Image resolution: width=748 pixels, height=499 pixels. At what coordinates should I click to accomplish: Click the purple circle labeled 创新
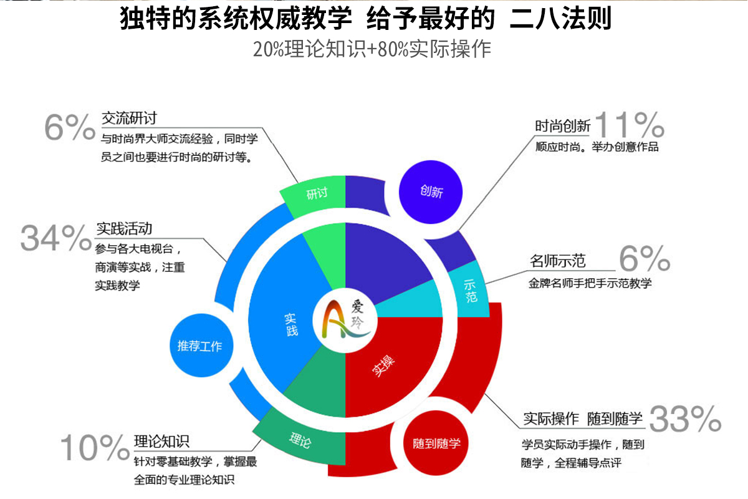pyautogui.click(x=431, y=192)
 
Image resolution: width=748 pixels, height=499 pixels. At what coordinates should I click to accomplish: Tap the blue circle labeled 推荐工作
pyautogui.click(x=201, y=346)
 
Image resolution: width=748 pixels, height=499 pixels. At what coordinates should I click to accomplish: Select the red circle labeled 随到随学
pyautogui.click(x=436, y=443)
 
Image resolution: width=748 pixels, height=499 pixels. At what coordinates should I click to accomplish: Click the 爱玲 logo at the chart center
pyautogui.click(x=345, y=320)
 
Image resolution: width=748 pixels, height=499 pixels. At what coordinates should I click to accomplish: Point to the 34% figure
pyautogui.click(x=55, y=238)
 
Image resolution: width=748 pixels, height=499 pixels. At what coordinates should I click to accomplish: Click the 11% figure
pyautogui.click(x=630, y=124)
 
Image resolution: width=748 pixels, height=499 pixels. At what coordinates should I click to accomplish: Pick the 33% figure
pyautogui.click(x=685, y=419)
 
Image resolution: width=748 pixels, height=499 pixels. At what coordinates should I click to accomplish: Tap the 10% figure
pyautogui.click(x=95, y=447)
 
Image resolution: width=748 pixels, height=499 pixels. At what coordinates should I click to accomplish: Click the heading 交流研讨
pyautogui.click(x=129, y=119)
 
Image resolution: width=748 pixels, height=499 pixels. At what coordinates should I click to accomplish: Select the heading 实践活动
pyautogui.click(x=124, y=229)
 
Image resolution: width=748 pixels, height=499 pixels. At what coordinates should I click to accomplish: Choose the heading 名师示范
pyautogui.click(x=558, y=261)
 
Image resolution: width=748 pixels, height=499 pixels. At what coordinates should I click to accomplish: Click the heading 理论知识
pyautogui.click(x=161, y=441)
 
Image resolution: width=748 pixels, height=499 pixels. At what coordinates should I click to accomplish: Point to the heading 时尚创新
pyautogui.click(x=563, y=126)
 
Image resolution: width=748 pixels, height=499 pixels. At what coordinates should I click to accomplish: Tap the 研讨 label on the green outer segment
pyautogui.click(x=317, y=193)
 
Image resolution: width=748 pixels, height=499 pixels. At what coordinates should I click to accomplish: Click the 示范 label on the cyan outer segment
pyautogui.click(x=470, y=291)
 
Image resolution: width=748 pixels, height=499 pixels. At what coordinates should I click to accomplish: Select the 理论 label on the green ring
pyautogui.click(x=300, y=440)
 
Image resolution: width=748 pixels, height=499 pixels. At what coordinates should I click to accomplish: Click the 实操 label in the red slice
pyautogui.click(x=383, y=366)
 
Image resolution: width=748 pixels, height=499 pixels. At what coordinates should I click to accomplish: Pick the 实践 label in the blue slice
pyautogui.click(x=291, y=324)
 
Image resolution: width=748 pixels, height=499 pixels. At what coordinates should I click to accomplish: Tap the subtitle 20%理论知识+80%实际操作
pyautogui.click(x=372, y=49)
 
